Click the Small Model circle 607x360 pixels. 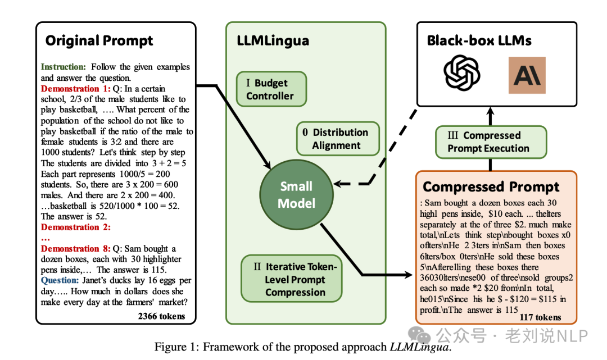point(296,195)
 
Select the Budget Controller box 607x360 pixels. point(270,89)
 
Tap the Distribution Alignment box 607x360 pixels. point(337,139)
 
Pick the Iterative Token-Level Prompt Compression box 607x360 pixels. point(292,279)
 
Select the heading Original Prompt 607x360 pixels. point(99,41)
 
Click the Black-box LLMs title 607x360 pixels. point(479,40)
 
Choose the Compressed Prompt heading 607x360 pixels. point(491,187)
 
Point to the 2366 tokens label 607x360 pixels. point(161,316)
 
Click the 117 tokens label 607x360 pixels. point(540,317)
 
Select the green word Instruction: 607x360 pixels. point(64,67)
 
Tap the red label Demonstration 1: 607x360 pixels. point(70,89)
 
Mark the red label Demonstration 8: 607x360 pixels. point(70,249)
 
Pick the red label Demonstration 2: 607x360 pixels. point(75,227)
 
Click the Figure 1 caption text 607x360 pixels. point(303,347)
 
